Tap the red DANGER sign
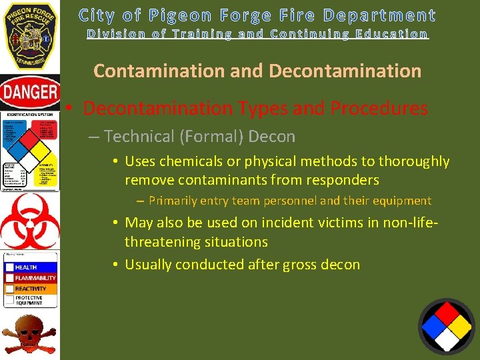coord(30,93)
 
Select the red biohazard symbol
coord(30,221)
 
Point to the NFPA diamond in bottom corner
coord(447,326)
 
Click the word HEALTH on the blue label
coord(26,267)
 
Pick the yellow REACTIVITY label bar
coord(30,289)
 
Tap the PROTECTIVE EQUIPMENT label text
coord(29,301)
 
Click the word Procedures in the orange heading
coord(379,108)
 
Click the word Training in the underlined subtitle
coord(201,33)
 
